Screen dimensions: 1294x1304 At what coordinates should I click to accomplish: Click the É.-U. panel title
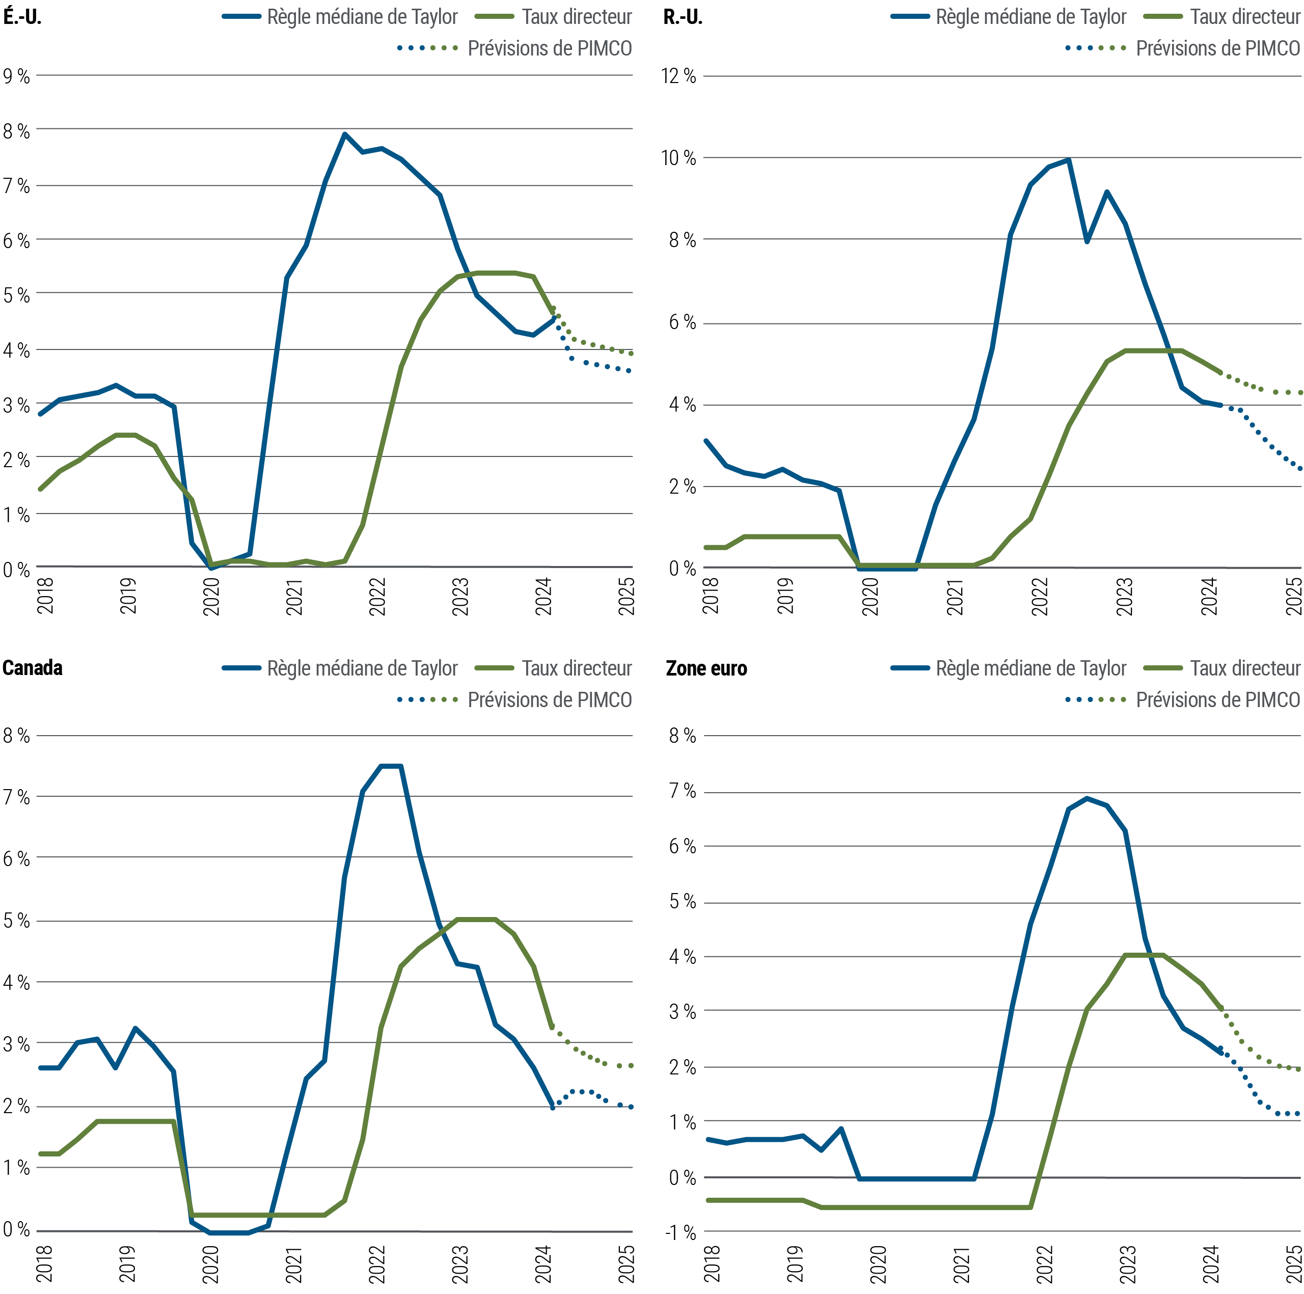[x=22, y=17]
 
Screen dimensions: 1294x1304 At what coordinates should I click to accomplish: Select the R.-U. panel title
[x=683, y=17]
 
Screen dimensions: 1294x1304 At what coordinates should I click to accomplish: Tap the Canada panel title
[x=33, y=668]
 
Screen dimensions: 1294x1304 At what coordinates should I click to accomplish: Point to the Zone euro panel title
[x=706, y=669]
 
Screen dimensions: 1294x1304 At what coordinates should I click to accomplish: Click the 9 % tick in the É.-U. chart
[x=16, y=76]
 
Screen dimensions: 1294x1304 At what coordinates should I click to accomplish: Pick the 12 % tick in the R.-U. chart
[x=678, y=76]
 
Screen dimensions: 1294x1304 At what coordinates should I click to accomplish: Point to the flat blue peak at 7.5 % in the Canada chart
[x=392, y=766]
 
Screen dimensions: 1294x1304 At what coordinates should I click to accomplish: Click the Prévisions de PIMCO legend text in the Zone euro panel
[x=1217, y=700]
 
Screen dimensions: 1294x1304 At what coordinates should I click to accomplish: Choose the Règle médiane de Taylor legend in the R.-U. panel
[x=1030, y=17]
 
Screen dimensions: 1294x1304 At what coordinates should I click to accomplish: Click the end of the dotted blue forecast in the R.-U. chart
[x=1300, y=469]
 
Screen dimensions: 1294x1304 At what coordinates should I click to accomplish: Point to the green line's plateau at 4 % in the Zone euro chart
[x=1144, y=955]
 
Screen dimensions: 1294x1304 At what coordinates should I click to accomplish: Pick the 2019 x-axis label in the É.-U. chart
[x=128, y=596]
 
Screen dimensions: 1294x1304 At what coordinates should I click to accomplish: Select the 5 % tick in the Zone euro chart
[x=682, y=902]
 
